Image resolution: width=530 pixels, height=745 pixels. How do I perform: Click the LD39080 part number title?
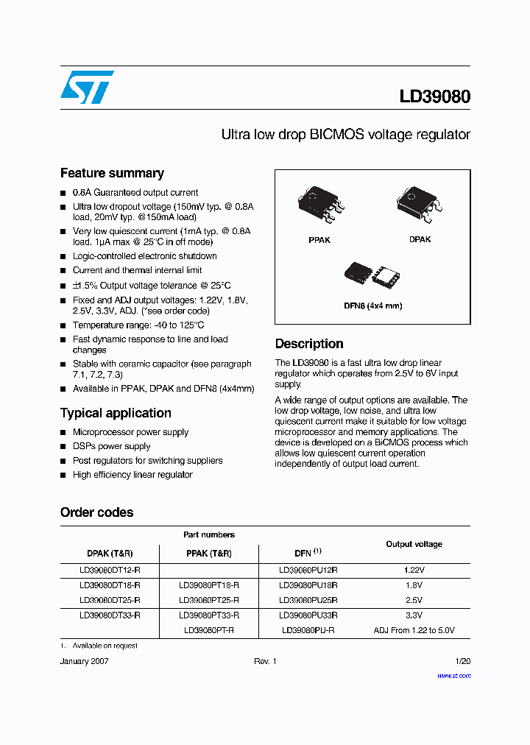click(x=435, y=96)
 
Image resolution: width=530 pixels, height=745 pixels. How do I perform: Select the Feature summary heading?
click(x=112, y=173)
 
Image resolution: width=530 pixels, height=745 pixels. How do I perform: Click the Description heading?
click(x=309, y=344)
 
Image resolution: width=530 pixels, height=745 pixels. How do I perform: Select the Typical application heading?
click(x=116, y=413)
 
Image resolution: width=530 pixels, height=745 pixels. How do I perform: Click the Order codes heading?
click(x=97, y=512)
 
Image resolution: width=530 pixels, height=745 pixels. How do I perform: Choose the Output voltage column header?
click(x=414, y=544)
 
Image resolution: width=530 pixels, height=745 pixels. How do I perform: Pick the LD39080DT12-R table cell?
click(x=110, y=571)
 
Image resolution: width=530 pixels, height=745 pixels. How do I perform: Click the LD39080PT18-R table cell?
click(x=209, y=585)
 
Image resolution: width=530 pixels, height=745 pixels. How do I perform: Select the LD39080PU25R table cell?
click(x=308, y=600)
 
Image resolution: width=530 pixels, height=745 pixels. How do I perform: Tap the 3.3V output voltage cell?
click(x=414, y=615)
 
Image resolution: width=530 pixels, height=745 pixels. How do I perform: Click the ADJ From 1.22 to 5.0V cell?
click(x=414, y=630)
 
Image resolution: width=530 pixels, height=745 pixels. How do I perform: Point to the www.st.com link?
click(x=453, y=675)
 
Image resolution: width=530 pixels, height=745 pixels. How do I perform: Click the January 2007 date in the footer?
click(x=85, y=662)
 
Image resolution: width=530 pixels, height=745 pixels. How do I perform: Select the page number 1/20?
click(x=463, y=662)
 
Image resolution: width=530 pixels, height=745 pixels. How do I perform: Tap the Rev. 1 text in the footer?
click(x=265, y=662)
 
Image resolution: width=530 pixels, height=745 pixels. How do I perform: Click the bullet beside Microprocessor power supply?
click(x=63, y=433)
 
